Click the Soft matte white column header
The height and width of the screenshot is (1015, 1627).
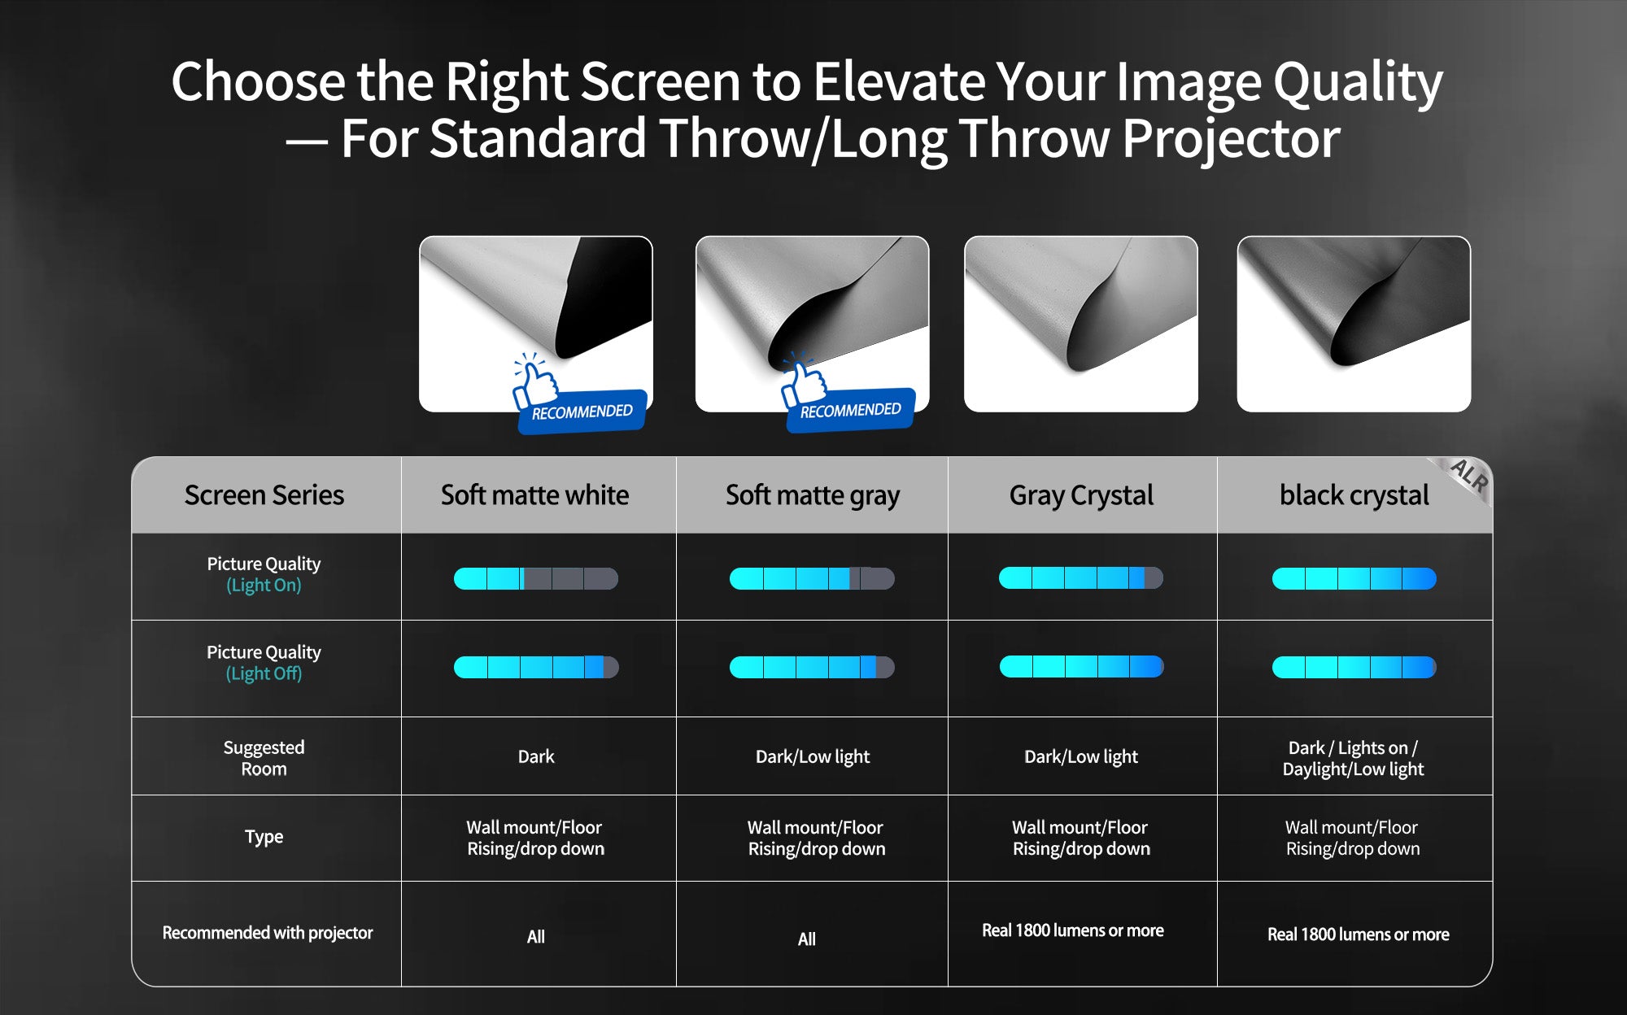[534, 494]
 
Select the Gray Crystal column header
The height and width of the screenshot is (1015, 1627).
[1081, 495]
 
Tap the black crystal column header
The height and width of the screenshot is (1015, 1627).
[1354, 494]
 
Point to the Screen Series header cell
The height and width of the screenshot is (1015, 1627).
[264, 494]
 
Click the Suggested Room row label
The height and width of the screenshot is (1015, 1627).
[264, 757]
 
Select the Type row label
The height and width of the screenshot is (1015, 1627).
[264, 837]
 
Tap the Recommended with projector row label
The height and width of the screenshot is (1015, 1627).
[267, 933]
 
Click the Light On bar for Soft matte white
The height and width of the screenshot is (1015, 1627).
[536, 578]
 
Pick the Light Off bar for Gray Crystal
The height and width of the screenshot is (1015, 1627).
[1081, 667]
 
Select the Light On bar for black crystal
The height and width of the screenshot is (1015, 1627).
[1354, 578]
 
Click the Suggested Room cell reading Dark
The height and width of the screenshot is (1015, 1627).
[536, 756]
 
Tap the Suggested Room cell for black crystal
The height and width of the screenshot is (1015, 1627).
[1353, 758]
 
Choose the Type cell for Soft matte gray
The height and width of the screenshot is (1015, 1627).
[816, 838]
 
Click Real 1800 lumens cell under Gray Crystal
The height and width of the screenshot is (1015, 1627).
[1072, 930]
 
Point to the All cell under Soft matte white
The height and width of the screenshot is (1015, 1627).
[535, 937]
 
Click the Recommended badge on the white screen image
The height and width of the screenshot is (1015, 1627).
[581, 411]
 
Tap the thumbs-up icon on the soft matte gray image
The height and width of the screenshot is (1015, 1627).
[802, 381]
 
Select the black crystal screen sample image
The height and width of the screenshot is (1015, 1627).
[1354, 324]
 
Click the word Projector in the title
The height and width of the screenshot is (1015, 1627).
[1231, 138]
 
